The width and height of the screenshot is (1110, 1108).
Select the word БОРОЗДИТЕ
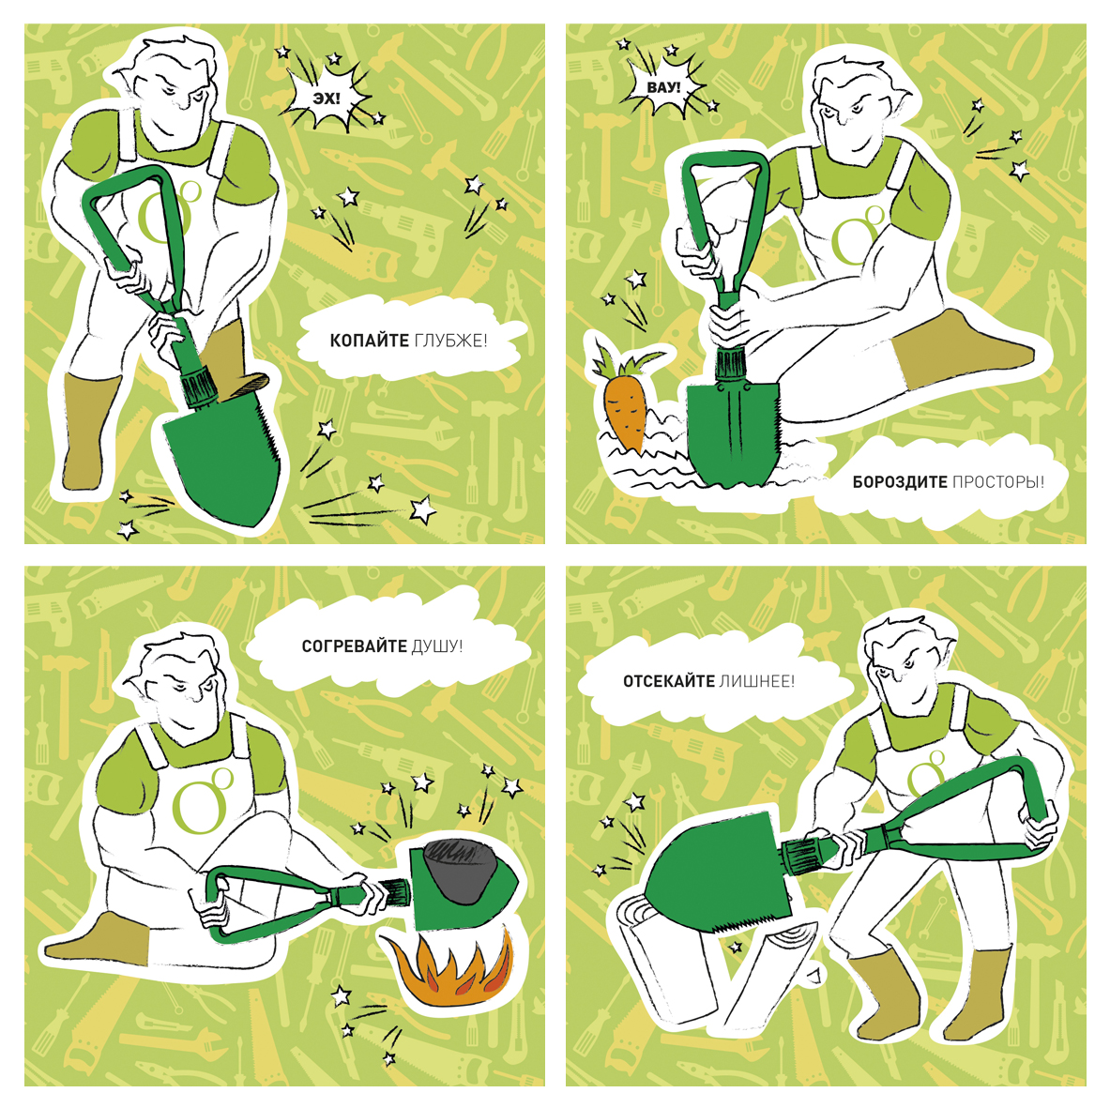coord(900,482)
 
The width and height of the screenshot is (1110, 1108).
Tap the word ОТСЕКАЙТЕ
coord(669,681)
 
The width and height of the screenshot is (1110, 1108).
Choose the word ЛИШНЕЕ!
coord(757,681)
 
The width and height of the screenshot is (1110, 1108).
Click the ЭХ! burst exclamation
coord(327,97)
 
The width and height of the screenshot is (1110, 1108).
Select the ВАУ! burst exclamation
coord(663,88)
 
